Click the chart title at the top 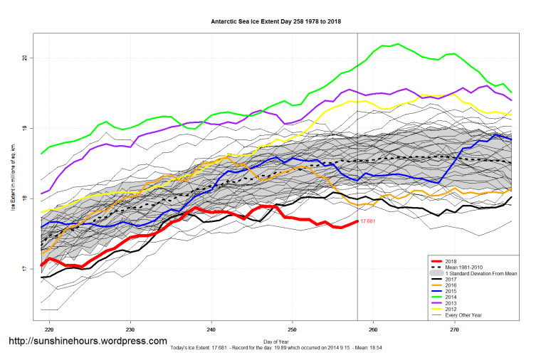click(x=275, y=21)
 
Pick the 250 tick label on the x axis click(x=292, y=330)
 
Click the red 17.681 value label click(x=368, y=222)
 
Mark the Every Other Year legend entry click(x=463, y=317)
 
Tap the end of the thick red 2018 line click(x=357, y=221)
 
